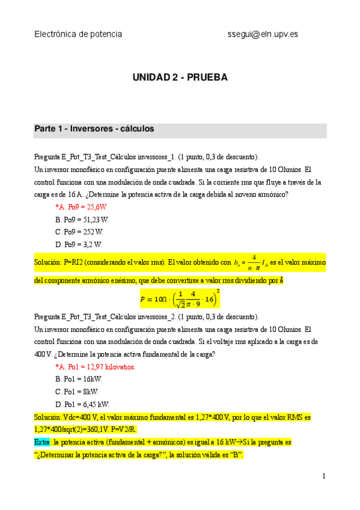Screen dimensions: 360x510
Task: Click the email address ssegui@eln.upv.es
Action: tap(262, 34)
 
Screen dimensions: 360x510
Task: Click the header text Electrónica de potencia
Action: tap(78, 34)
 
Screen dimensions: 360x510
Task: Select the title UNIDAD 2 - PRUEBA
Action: tap(180, 78)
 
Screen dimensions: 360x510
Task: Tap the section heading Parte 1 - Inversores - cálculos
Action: tap(94, 129)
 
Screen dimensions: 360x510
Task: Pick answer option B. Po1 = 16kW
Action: tap(79, 379)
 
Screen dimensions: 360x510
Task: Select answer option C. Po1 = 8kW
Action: tap(76, 392)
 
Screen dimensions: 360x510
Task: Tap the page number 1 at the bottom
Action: tap(323, 476)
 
